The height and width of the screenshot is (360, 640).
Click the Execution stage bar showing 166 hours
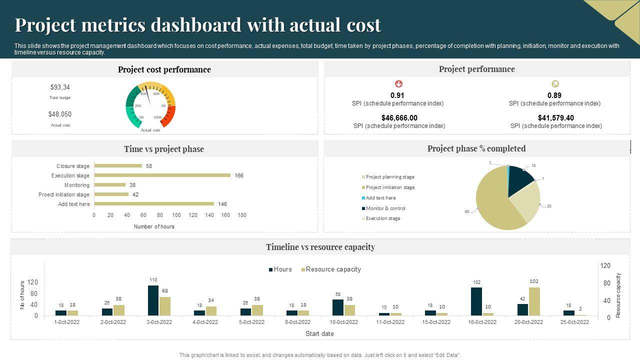pos(162,175)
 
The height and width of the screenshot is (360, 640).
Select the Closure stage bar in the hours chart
pos(118,166)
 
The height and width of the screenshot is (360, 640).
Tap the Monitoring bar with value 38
pos(110,185)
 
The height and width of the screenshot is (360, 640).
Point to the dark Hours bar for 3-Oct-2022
pos(153,300)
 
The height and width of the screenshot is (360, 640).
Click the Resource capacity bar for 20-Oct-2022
pos(534,301)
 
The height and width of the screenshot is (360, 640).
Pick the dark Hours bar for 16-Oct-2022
pos(476,301)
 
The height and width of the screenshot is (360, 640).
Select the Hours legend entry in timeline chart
pos(280,269)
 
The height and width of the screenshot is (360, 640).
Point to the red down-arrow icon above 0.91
pos(398,84)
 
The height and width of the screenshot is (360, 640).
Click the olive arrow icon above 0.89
pos(555,84)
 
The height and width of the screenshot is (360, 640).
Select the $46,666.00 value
pos(399,118)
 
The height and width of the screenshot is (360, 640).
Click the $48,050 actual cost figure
pos(60,114)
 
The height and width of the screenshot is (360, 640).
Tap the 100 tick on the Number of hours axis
pos(176,215)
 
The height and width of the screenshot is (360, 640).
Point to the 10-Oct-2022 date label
pos(344,322)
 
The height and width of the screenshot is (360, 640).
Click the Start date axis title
pos(319,333)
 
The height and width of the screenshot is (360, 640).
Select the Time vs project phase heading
pos(164,149)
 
